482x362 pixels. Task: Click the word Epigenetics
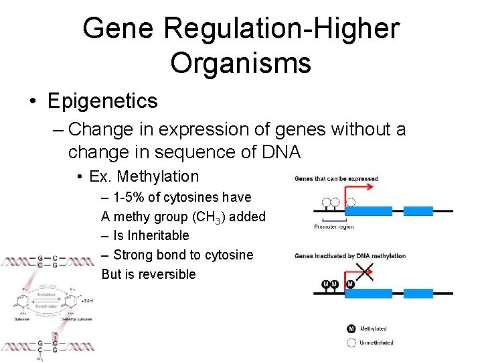tap(102, 101)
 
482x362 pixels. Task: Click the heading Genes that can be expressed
tap(337, 178)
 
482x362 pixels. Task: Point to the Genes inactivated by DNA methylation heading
tap(350, 255)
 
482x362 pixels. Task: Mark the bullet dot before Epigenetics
tap(32, 101)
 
